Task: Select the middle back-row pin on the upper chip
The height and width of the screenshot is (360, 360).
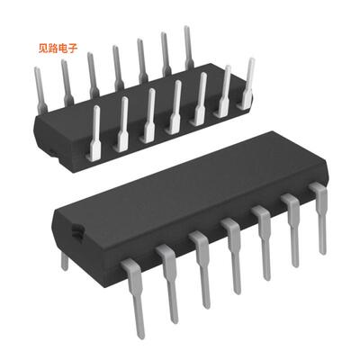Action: coord(117,67)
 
